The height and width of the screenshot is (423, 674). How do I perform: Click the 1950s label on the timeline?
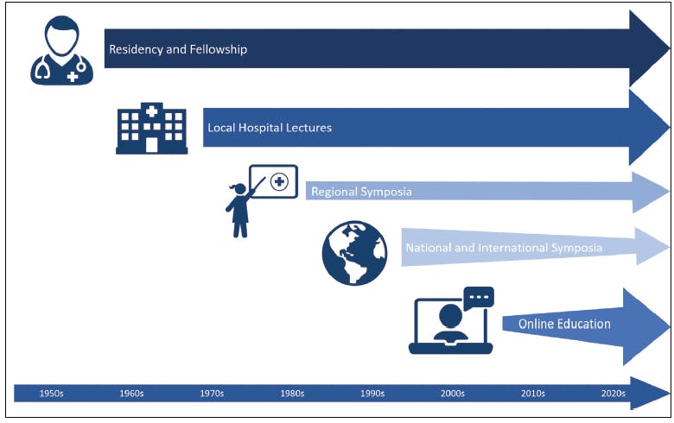51,394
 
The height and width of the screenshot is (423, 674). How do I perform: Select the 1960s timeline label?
131,394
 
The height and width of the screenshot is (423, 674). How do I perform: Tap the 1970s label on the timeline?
212,394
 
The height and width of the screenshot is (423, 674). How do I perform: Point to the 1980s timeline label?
292,394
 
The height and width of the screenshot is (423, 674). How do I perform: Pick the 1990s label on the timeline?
372,394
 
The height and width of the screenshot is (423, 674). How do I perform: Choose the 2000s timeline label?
453,394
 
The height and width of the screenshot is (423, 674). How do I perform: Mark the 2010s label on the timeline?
533,394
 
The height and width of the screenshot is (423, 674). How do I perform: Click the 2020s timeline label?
614,394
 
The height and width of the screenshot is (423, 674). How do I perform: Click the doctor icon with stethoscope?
62,50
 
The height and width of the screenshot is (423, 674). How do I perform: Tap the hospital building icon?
152,128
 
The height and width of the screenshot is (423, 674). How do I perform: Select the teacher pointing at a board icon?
261,201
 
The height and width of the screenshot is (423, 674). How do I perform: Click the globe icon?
354,253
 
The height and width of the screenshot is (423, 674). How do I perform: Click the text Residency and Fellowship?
178,49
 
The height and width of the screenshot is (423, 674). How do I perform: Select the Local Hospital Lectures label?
270,128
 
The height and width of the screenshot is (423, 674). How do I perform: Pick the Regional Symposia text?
361,192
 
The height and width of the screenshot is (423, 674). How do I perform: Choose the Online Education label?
564,324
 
